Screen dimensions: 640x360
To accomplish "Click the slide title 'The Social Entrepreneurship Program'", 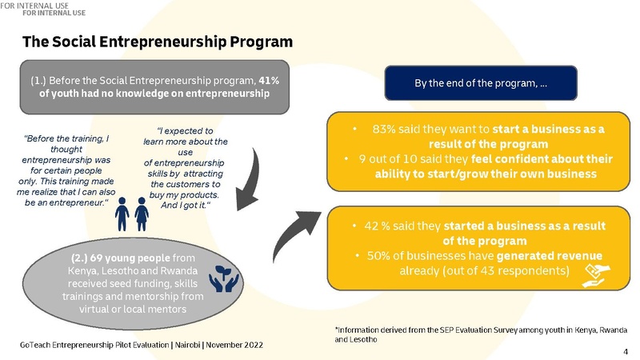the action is [x=158, y=42].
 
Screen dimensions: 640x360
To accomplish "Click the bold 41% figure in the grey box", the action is [x=269, y=81].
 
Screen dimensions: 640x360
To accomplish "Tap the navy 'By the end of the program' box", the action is [x=481, y=83].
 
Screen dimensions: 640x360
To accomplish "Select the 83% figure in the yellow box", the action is [x=384, y=129].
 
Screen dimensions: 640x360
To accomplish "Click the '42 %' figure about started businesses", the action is [x=377, y=226].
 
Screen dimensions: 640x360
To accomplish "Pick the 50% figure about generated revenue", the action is [x=378, y=256].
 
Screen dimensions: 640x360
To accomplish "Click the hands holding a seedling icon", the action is [x=224, y=278].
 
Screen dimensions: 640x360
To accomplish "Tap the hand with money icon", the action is [x=595, y=275].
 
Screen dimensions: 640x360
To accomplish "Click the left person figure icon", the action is [x=122, y=214].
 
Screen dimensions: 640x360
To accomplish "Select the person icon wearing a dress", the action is [x=142, y=214].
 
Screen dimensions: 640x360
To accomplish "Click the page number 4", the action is [x=626, y=352].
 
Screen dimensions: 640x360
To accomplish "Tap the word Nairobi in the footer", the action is [x=188, y=345].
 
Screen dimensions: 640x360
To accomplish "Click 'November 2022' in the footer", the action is [x=234, y=345].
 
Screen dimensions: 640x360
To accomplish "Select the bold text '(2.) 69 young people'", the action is [x=121, y=258].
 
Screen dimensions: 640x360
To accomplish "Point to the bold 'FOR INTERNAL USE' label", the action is [x=54, y=13].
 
